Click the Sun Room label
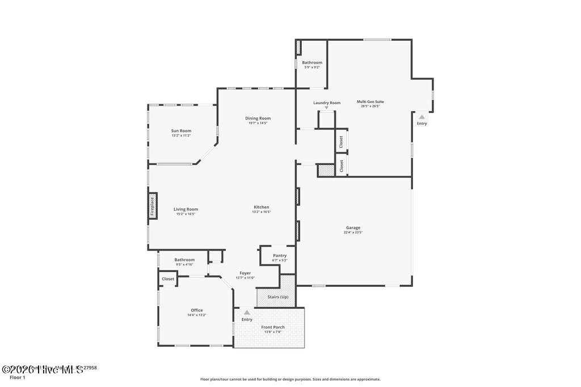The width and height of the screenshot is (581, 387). (181, 131)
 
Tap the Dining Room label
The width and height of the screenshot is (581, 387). (258, 118)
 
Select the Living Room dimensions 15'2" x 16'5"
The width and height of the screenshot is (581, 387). (186, 214)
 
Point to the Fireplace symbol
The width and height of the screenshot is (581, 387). (152, 206)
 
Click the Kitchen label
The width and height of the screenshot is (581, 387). (261, 207)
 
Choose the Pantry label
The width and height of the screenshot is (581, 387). (280, 256)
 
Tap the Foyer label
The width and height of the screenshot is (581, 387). (245, 273)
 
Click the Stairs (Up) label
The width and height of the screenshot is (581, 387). (277, 297)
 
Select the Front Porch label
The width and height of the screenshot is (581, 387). (273, 327)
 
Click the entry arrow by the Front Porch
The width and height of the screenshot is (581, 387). (247, 312)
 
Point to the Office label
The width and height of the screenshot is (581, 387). (197, 310)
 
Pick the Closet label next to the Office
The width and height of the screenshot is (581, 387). (168, 279)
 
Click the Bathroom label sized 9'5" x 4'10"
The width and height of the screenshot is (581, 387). (184, 260)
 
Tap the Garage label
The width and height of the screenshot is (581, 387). (353, 227)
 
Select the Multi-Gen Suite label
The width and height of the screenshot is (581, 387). (370, 101)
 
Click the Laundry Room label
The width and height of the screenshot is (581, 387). (327, 103)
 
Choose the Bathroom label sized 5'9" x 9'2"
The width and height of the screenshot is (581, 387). (312, 62)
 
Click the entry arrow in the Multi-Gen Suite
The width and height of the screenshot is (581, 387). (422, 117)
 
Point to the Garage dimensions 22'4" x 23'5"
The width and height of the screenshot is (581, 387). (353, 232)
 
